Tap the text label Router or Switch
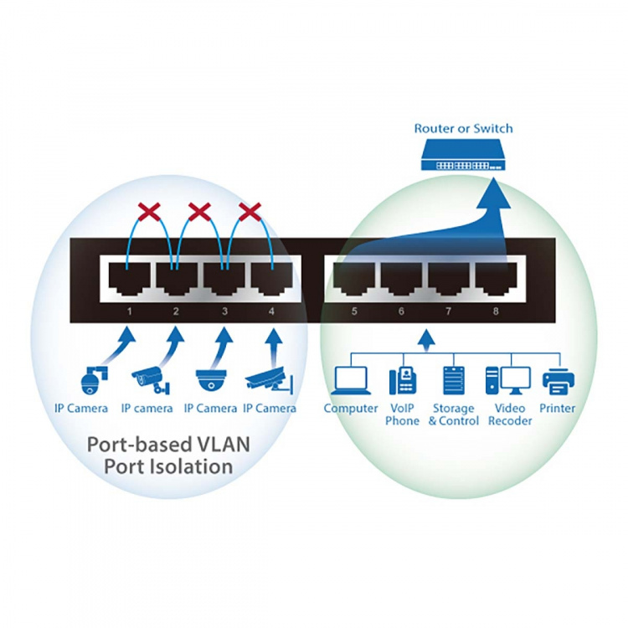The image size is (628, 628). point(463,129)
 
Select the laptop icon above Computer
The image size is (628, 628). point(350,380)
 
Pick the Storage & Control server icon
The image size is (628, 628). point(452,380)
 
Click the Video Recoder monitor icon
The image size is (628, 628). point(508,380)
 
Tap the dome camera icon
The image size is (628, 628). point(210,381)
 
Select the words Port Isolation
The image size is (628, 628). point(167,466)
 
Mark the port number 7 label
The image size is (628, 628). point(449,311)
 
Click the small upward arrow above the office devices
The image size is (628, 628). point(425,339)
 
